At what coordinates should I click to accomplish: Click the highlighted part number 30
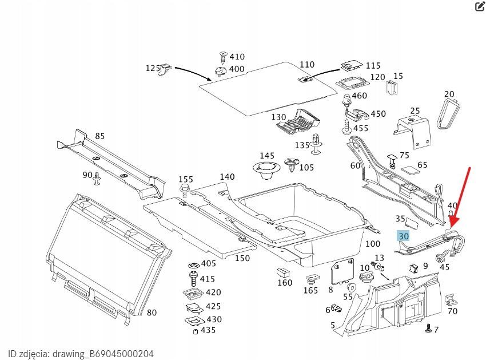coord(404,236)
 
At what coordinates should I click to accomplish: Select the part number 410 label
coord(237,57)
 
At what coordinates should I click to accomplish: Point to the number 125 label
coord(153,68)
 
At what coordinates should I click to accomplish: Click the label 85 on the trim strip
coord(99,136)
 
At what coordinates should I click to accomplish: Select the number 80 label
coord(152,312)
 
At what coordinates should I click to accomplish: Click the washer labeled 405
coord(193,265)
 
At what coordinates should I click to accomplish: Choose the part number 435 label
coord(208,330)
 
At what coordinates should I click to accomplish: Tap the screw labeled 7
coord(428,329)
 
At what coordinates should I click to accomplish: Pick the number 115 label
coord(373,65)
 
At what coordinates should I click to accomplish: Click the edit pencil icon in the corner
coord(480,7)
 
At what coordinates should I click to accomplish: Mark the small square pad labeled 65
coord(410,169)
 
